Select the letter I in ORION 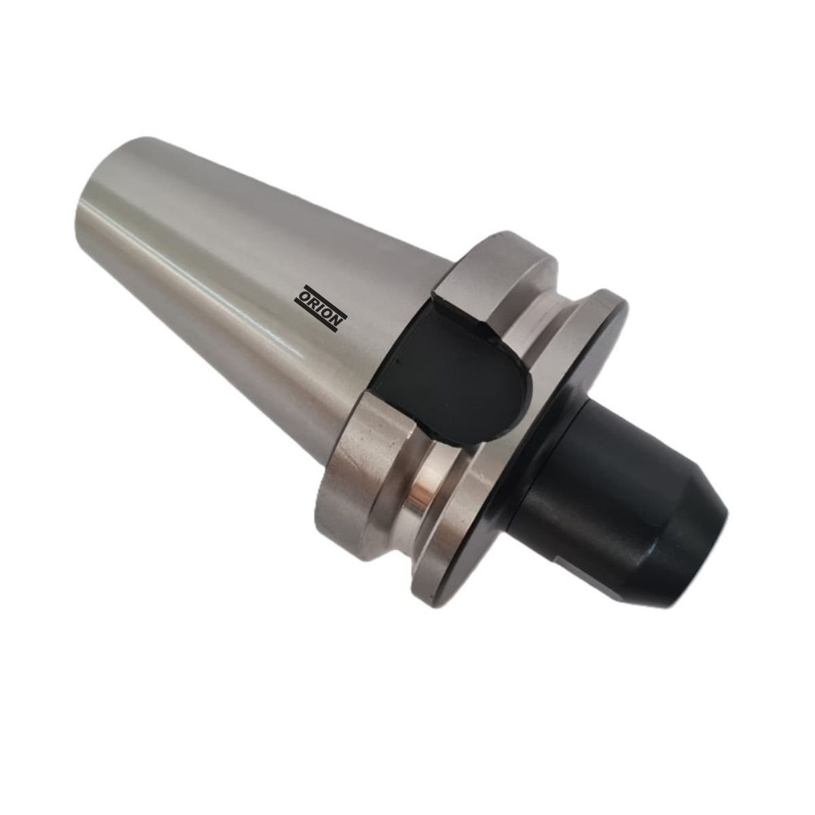pyautogui.click(x=322, y=309)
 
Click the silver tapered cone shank pyautogui.click(x=224, y=258)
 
